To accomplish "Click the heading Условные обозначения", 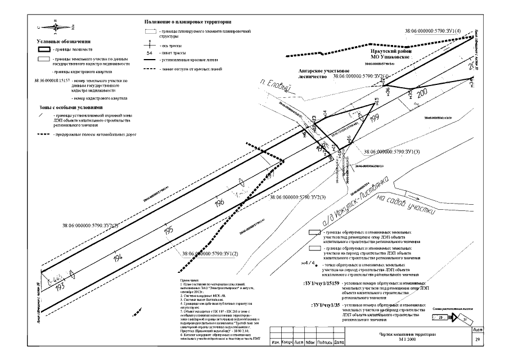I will [65, 42].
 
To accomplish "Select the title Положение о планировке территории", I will [188, 21].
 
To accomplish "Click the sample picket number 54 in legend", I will [149, 52].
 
